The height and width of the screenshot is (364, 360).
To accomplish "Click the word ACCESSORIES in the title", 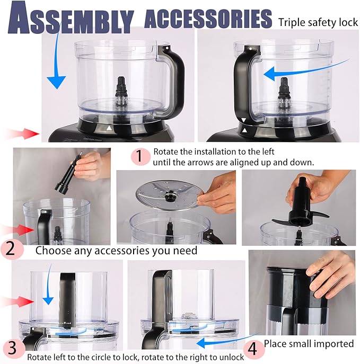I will click(x=208, y=19).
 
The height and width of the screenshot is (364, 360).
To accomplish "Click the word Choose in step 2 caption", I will click(x=54, y=250).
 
